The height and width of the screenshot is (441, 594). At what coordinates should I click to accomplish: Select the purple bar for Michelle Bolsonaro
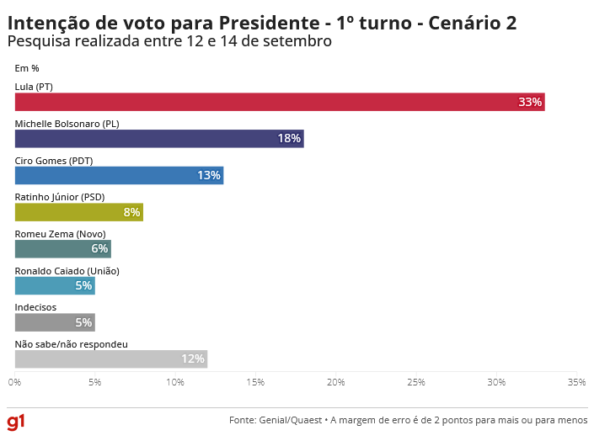pos(159,139)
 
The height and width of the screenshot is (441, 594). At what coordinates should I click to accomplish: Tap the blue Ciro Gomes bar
pos(119,175)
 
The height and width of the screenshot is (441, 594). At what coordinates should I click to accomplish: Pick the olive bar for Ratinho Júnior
pos(79,212)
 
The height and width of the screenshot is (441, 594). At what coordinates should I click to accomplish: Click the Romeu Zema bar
pos(62,249)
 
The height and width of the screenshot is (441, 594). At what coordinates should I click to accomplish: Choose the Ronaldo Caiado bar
pos(55,286)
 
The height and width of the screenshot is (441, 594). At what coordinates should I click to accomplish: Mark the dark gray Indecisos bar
pos(55,322)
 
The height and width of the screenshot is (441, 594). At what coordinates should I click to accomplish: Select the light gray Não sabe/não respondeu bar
pos(110,359)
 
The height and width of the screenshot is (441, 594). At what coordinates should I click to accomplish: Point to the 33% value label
pos(530,102)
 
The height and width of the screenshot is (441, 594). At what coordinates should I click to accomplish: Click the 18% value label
pos(289,139)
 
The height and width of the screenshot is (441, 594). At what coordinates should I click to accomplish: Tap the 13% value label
pos(209,176)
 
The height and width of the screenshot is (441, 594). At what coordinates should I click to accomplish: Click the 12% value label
pos(193,359)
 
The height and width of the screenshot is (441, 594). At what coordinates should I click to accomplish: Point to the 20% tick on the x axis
pos(336,383)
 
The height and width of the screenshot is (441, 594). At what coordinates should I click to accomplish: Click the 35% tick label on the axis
pos(576,383)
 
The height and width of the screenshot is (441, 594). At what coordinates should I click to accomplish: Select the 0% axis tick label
pos(15,383)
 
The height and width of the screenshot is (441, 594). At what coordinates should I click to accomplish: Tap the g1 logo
pos(16,420)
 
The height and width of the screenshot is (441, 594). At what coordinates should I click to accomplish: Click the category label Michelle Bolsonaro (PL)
pos(67,124)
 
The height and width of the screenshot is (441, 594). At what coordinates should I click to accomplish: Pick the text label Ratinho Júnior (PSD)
pos(60,197)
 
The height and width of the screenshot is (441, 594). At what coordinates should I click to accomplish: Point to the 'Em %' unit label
pos(27,68)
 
